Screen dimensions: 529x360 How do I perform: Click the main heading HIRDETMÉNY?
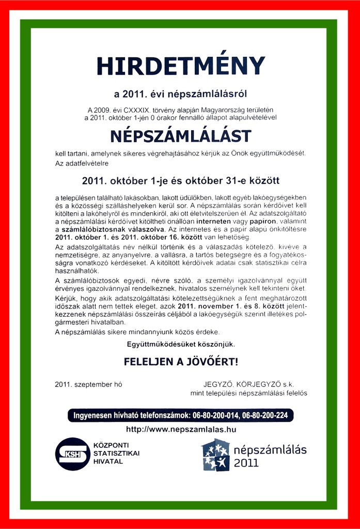tap(180, 66)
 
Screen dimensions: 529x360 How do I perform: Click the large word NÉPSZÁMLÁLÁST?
tap(180, 136)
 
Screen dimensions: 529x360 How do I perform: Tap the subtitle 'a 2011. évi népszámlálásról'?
tap(180, 94)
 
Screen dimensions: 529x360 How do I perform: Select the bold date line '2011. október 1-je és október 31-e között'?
tap(180, 181)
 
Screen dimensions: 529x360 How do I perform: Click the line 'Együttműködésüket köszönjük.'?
tap(180, 344)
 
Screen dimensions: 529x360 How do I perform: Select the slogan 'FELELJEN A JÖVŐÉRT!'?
tap(180, 362)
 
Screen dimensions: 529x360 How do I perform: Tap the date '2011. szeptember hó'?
tap(88, 385)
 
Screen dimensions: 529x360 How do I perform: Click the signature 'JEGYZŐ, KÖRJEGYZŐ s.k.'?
tap(249, 385)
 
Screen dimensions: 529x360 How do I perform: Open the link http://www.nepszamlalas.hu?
tap(180, 429)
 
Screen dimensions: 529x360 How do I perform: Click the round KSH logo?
tap(72, 454)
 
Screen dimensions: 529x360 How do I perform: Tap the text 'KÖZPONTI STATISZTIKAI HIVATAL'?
tap(116, 453)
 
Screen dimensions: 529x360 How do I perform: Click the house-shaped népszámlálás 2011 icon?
tap(215, 455)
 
